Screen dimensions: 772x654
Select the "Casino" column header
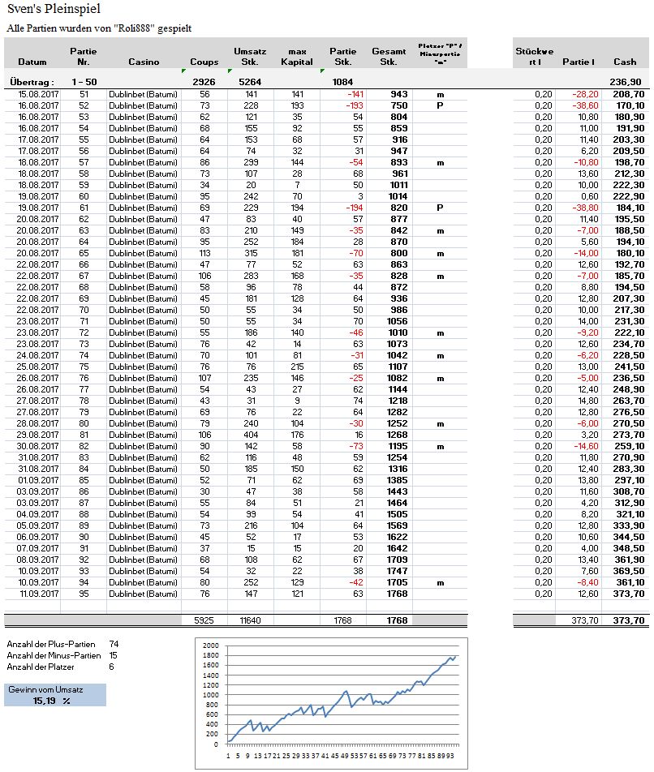pos(144,62)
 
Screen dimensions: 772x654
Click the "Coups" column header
pos(204,62)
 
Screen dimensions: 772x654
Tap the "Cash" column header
pos(625,62)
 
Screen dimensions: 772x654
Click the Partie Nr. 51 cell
pos(84,95)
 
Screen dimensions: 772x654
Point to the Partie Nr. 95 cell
pos(84,594)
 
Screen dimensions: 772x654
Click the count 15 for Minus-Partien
pos(114,655)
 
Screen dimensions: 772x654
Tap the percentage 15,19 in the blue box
pos(45,700)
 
